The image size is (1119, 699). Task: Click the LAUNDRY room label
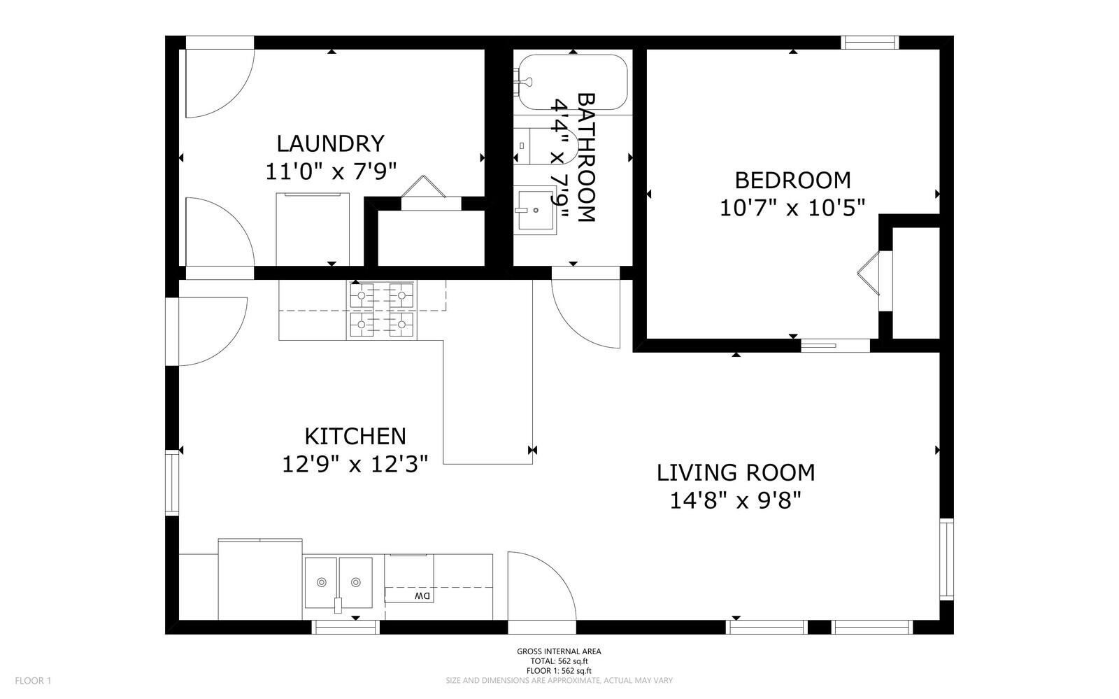[x=331, y=144]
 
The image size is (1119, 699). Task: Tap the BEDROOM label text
[x=793, y=181]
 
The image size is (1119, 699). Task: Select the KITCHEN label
[x=355, y=436]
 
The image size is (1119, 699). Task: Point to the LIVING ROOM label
[x=735, y=473]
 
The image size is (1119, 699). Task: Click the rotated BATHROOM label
[x=587, y=157]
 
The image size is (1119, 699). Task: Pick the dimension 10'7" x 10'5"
[x=792, y=208]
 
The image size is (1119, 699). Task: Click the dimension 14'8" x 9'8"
[x=735, y=500]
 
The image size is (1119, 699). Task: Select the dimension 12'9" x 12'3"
[x=355, y=464]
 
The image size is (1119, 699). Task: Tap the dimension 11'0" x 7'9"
[x=331, y=171]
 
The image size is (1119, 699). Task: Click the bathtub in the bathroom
[x=573, y=82]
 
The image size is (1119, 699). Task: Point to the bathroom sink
[x=535, y=211]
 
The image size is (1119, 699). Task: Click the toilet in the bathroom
[x=546, y=146]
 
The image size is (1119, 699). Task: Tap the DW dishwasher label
[x=422, y=595]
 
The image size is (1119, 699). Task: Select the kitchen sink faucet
[x=338, y=605]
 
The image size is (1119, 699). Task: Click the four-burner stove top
[x=382, y=310]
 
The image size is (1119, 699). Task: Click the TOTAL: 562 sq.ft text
[x=559, y=661]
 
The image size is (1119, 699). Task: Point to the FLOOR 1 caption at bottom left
[x=33, y=681]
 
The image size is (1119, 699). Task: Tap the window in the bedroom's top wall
[x=870, y=43]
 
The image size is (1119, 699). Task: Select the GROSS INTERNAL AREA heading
[x=559, y=651]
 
